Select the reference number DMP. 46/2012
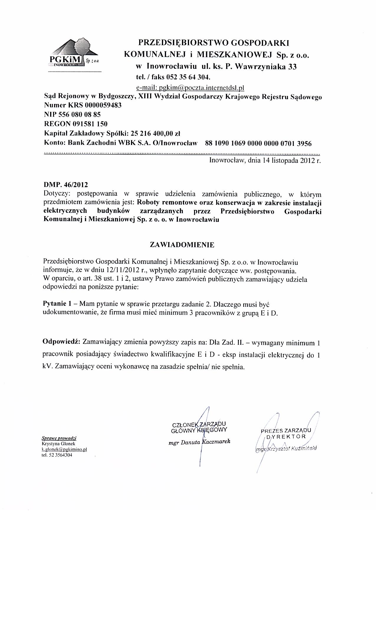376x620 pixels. pyautogui.click(x=65, y=185)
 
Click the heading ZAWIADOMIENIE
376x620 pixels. pyautogui.click(x=182, y=245)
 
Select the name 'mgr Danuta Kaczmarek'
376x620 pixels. pyautogui.click(x=199, y=442)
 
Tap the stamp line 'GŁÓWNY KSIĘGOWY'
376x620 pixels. pyautogui.click(x=199, y=430)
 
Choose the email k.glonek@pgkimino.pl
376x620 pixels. pyautogui.click(x=64, y=449)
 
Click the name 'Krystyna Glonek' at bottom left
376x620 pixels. pyautogui.click(x=59, y=444)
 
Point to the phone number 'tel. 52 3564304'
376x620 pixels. pyautogui.click(x=57, y=455)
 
